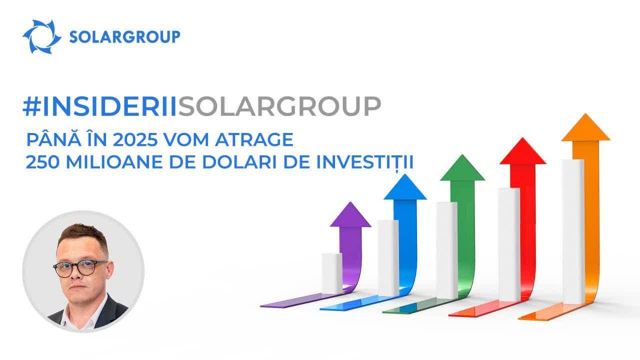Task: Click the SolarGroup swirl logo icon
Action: click(41, 36)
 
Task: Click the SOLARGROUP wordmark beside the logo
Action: click(124, 37)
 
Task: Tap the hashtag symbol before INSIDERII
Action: click(31, 106)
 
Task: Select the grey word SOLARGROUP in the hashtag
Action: click(279, 106)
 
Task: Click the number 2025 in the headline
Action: click(135, 139)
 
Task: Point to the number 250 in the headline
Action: click(42, 162)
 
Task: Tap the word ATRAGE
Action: click(254, 139)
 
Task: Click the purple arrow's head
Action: click(350, 214)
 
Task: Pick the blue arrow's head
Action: click(405, 187)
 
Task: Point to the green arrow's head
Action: click(462, 167)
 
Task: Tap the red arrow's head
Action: click(523, 151)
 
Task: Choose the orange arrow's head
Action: click(585, 127)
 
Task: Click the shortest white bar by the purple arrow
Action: click(331, 273)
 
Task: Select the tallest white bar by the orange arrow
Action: click(573, 231)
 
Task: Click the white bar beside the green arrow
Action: click(446, 250)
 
